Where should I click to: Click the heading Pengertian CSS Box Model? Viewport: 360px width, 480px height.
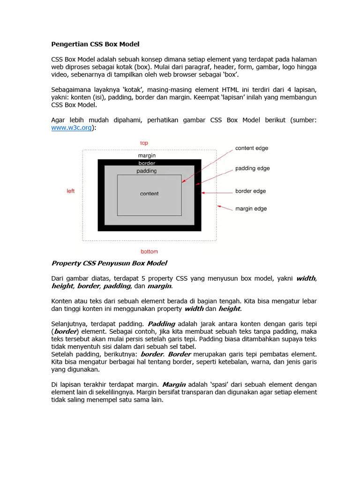[95, 45]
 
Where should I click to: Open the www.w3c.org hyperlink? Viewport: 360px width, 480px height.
[72, 128]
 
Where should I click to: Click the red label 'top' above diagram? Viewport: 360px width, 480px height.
[144, 142]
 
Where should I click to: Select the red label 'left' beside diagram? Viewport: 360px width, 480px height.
[70, 191]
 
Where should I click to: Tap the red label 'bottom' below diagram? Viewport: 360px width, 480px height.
[149, 252]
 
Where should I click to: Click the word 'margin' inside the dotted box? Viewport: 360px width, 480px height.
[147, 155]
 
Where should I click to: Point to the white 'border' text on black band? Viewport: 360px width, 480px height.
[147, 163]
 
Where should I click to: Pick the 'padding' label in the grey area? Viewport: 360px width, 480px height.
[146, 171]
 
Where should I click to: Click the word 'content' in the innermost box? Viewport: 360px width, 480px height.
[149, 194]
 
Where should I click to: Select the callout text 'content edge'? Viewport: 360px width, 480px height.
[252, 148]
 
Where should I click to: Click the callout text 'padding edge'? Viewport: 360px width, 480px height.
[252, 168]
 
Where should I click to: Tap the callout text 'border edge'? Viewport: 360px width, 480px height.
[250, 191]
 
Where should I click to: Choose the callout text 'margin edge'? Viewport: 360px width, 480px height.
[251, 209]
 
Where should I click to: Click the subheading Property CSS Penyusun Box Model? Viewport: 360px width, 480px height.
[109, 263]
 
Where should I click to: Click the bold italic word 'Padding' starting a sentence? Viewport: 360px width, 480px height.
[161, 324]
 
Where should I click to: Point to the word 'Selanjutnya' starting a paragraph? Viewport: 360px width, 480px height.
[70, 324]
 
